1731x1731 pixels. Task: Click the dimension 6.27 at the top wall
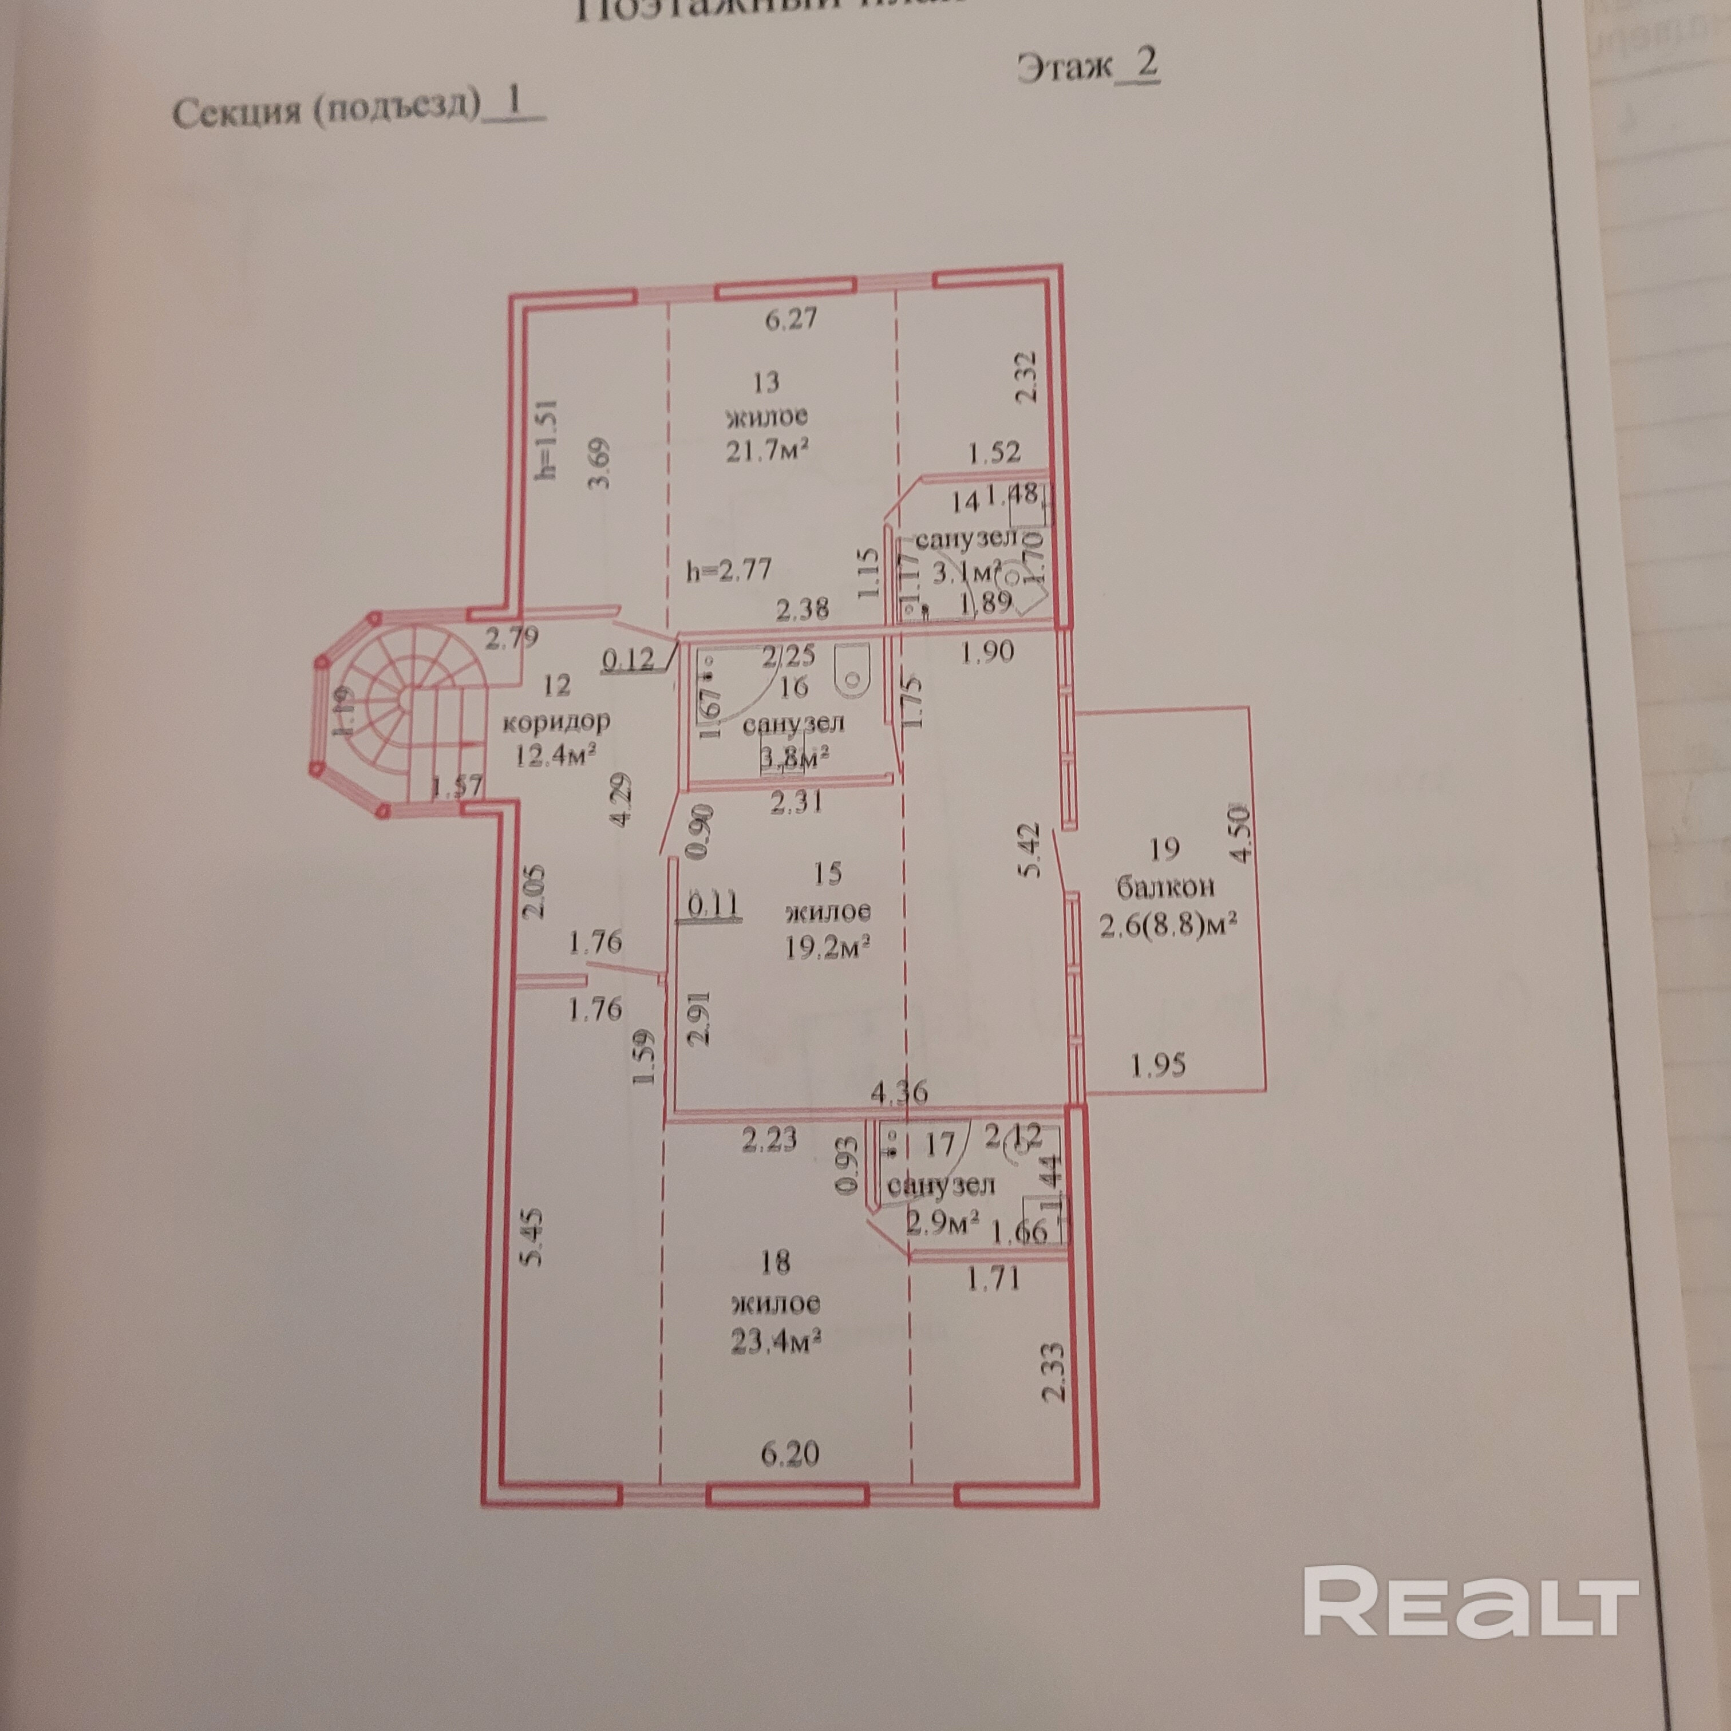(791, 319)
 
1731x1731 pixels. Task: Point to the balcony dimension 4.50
(1240, 833)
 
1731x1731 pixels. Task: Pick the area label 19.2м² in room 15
(828, 947)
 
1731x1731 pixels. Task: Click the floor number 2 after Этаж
(1146, 65)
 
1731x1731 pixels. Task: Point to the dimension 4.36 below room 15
(899, 1091)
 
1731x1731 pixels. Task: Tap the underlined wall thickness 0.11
(712, 905)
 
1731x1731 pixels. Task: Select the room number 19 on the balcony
(1163, 848)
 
